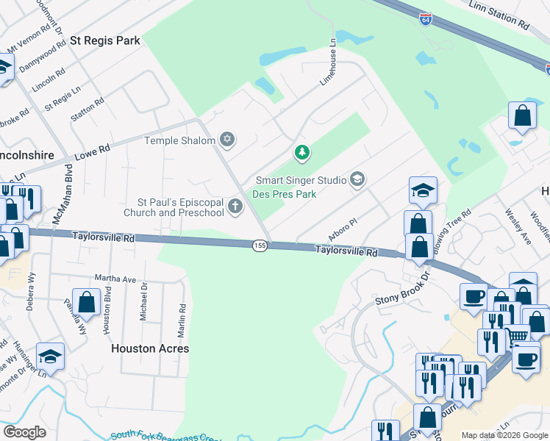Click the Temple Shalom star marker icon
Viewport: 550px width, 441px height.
(x=227, y=140)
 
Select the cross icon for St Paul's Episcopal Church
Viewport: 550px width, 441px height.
(x=235, y=207)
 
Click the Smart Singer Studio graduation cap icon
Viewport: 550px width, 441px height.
(x=357, y=179)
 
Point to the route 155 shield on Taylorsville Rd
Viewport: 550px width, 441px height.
(x=259, y=246)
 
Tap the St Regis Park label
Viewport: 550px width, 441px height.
(x=104, y=41)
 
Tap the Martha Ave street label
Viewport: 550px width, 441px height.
(x=115, y=279)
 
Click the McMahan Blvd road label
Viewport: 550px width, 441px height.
(x=62, y=204)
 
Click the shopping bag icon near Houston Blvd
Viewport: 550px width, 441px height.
(x=87, y=302)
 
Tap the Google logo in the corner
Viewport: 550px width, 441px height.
(x=24, y=431)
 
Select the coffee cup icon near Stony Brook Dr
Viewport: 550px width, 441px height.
(x=474, y=296)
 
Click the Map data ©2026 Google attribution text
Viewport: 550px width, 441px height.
(x=504, y=435)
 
